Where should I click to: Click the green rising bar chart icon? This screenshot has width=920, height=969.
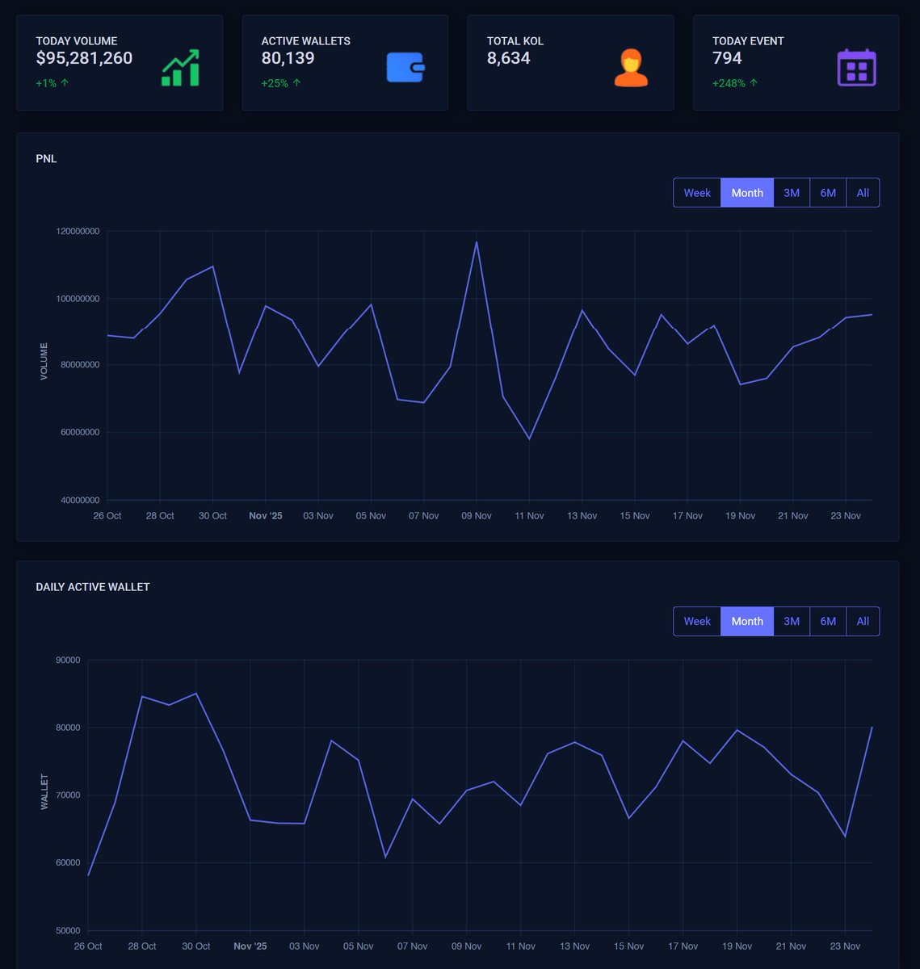tap(180, 68)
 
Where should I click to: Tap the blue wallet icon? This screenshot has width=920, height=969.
tap(405, 68)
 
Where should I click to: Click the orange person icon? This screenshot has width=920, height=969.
tap(631, 68)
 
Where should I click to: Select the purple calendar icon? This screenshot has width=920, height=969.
tap(856, 68)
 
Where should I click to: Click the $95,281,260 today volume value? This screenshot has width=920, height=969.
tap(84, 58)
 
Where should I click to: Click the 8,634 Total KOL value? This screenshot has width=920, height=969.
tap(508, 58)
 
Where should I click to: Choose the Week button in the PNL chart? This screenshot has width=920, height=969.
tap(697, 193)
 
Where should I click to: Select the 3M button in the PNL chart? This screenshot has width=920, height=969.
tap(792, 193)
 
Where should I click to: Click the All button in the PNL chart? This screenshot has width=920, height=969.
tap(863, 193)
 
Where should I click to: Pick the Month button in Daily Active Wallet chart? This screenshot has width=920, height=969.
tap(747, 622)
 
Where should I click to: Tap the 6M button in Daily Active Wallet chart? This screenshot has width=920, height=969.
tap(828, 622)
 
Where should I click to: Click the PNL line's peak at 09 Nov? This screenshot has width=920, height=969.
tap(477, 241)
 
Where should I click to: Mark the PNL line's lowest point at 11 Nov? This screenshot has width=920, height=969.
tap(529, 439)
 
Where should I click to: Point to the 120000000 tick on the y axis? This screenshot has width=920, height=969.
tap(78, 232)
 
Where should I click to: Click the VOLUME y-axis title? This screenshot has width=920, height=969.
tap(44, 362)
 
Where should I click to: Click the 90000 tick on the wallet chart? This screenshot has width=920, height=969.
tap(68, 661)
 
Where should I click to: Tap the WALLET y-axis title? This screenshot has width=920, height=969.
tap(44, 792)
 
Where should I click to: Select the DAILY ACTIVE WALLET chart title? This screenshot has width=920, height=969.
tap(93, 587)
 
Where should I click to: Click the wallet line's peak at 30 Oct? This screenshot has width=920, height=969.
tap(196, 693)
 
